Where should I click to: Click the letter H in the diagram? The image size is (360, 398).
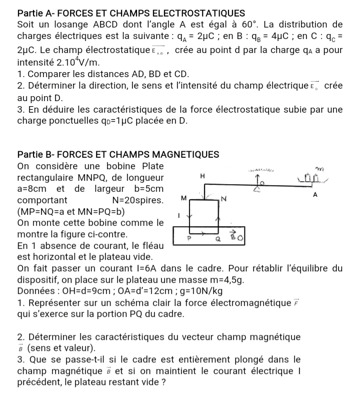(202, 176)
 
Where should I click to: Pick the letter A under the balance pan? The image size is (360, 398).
(315, 196)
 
